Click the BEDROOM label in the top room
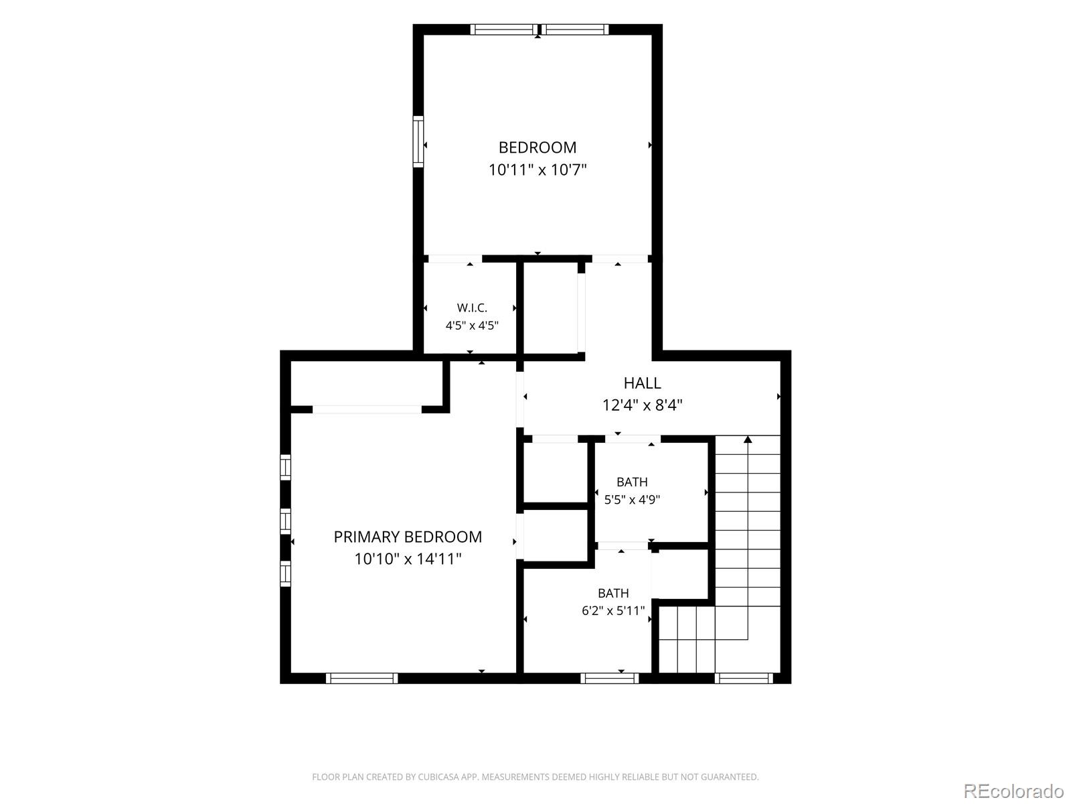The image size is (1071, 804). coord(538,147)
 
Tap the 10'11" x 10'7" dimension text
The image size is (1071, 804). coord(538,170)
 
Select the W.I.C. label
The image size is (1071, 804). coord(472,308)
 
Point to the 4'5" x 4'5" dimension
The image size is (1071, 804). coord(472,325)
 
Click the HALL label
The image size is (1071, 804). coord(642,383)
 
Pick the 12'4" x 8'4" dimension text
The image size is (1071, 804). coord(642,405)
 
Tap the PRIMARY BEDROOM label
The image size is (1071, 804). coord(408,537)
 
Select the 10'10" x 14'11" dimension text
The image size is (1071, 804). coord(408,559)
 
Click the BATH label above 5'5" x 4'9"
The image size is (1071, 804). coord(632,482)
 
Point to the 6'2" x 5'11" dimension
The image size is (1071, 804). coord(613,610)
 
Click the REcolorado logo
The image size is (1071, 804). coord(1014,791)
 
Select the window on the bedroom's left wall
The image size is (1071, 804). coord(418,141)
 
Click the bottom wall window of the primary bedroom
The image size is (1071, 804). coord(361,678)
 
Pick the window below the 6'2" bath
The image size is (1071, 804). coord(609,678)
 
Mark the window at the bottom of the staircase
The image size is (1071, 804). coord(744,678)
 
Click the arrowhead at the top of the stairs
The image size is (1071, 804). coord(748,440)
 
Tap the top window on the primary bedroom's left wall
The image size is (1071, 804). coord(285,467)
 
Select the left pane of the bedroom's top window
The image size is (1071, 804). coord(504,29)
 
